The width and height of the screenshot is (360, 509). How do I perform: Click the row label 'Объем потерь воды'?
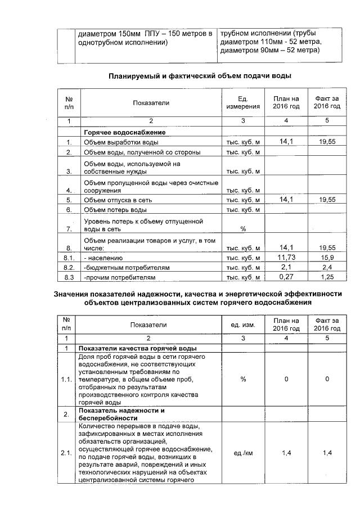(x=115, y=210)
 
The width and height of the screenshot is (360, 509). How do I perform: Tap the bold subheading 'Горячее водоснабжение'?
(x=124, y=132)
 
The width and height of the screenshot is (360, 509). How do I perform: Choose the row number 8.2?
(x=69, y=267)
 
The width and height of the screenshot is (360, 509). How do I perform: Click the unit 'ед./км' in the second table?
(x=243, y=453)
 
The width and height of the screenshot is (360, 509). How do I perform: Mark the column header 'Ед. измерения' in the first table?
(x=243, y=102)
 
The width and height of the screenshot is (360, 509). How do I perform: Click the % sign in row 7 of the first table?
(x=243, y=229)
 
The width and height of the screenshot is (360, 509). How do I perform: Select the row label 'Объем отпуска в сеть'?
(x=117, y=200)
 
